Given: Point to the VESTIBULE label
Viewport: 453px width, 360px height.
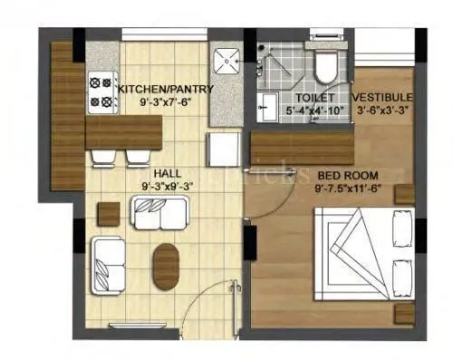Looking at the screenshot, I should click(383, 97).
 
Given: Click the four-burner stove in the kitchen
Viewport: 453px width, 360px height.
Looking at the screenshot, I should click(100, 90).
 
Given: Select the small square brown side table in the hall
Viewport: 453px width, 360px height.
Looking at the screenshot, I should click(108, 213).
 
